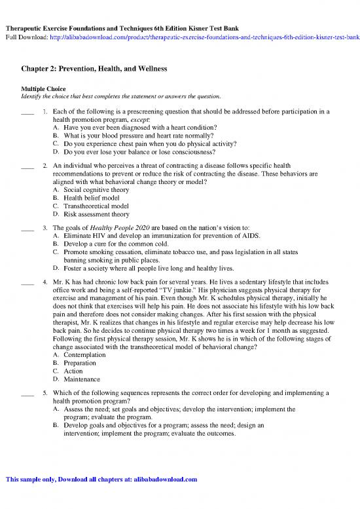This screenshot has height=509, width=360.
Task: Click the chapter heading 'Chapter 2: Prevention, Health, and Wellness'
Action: coord(95,69)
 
